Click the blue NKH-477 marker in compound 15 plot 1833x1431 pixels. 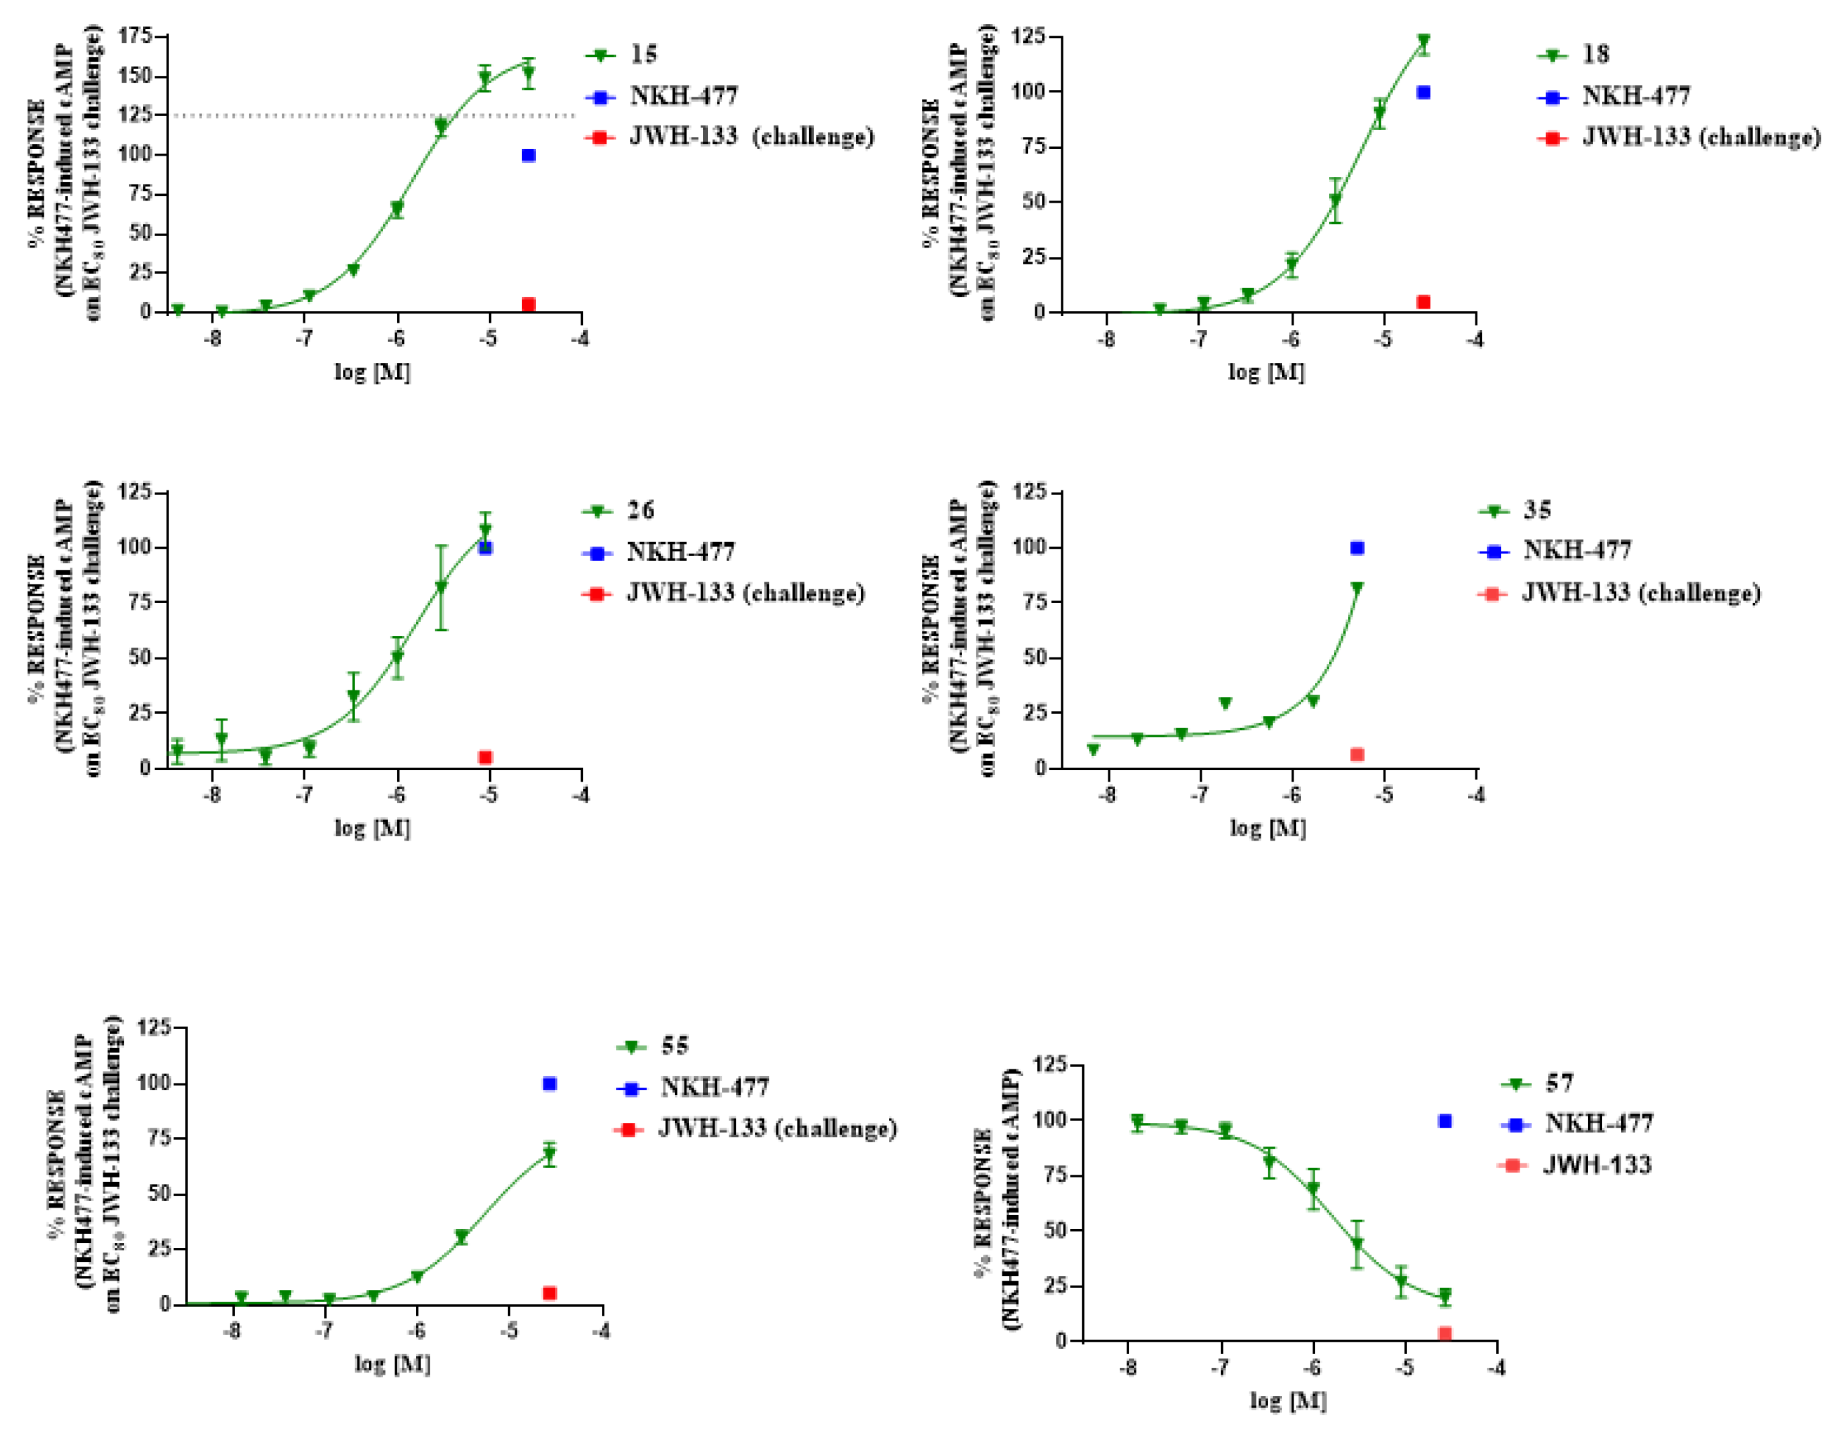[528, 155]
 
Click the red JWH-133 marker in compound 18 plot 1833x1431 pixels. [1424, 302]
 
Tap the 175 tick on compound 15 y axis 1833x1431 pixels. [135, 36]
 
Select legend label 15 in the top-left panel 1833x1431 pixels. [643, 54]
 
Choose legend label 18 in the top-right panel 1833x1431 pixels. [1595, 54]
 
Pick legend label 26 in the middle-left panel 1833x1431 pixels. [640, 511]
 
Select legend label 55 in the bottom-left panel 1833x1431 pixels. [674, 1046]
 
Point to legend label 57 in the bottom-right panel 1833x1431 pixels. [1559, 1083]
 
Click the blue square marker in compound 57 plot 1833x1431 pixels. [1445, 1121]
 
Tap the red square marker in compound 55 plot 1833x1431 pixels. [549, 1293]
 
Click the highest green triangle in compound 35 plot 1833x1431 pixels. [1357, 588]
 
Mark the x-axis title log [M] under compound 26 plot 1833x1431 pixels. [372, 829]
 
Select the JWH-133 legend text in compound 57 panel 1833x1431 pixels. [1596, 1165]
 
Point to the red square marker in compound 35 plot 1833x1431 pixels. [1357, 755]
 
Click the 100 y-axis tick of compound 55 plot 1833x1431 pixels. [154, 1083]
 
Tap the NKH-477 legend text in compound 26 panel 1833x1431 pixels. [680, 552]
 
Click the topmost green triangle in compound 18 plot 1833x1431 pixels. [1424, 40]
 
